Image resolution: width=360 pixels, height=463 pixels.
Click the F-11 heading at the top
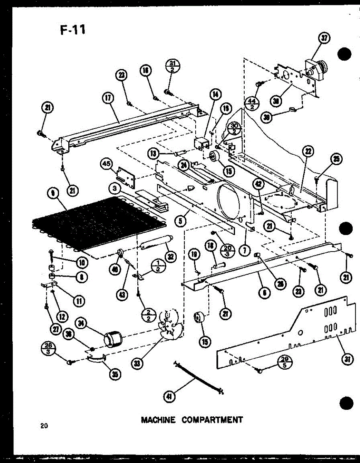[73, 29]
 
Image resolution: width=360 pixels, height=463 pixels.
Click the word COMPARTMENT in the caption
[212, 419]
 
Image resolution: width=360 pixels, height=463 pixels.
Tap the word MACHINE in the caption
[158, 419]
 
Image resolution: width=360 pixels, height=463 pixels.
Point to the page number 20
[42, 426]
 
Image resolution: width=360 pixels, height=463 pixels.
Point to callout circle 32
[169, 256]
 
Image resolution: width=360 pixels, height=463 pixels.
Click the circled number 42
[258, 184]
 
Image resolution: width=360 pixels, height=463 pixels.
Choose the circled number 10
[82, 263]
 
